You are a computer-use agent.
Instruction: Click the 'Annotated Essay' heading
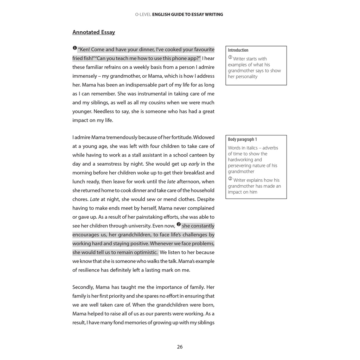pyautogui.click(x=94, y=32)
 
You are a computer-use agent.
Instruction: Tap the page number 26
pyautogui.click(x=180, y=347)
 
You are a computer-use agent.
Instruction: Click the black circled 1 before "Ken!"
pyautogui.click(x=75, y=48)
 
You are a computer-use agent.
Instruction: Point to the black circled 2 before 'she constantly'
pyautogui.click(x=179, y=224)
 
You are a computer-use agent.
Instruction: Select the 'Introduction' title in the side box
pyautogui.click(x=238, y=50)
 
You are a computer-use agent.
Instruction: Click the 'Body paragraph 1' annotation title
pyautogui.click(x=242, y=140)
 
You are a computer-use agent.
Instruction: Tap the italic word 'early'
pyautogui.click(x=194, y=164)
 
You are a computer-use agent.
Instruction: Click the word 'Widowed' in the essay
pyautogui.click(x=204, y=137)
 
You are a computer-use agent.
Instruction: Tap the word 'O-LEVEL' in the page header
pyautogui.click(x=143, y=14)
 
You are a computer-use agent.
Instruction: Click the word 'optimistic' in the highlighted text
pyautogui.click(x=146, y=252)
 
